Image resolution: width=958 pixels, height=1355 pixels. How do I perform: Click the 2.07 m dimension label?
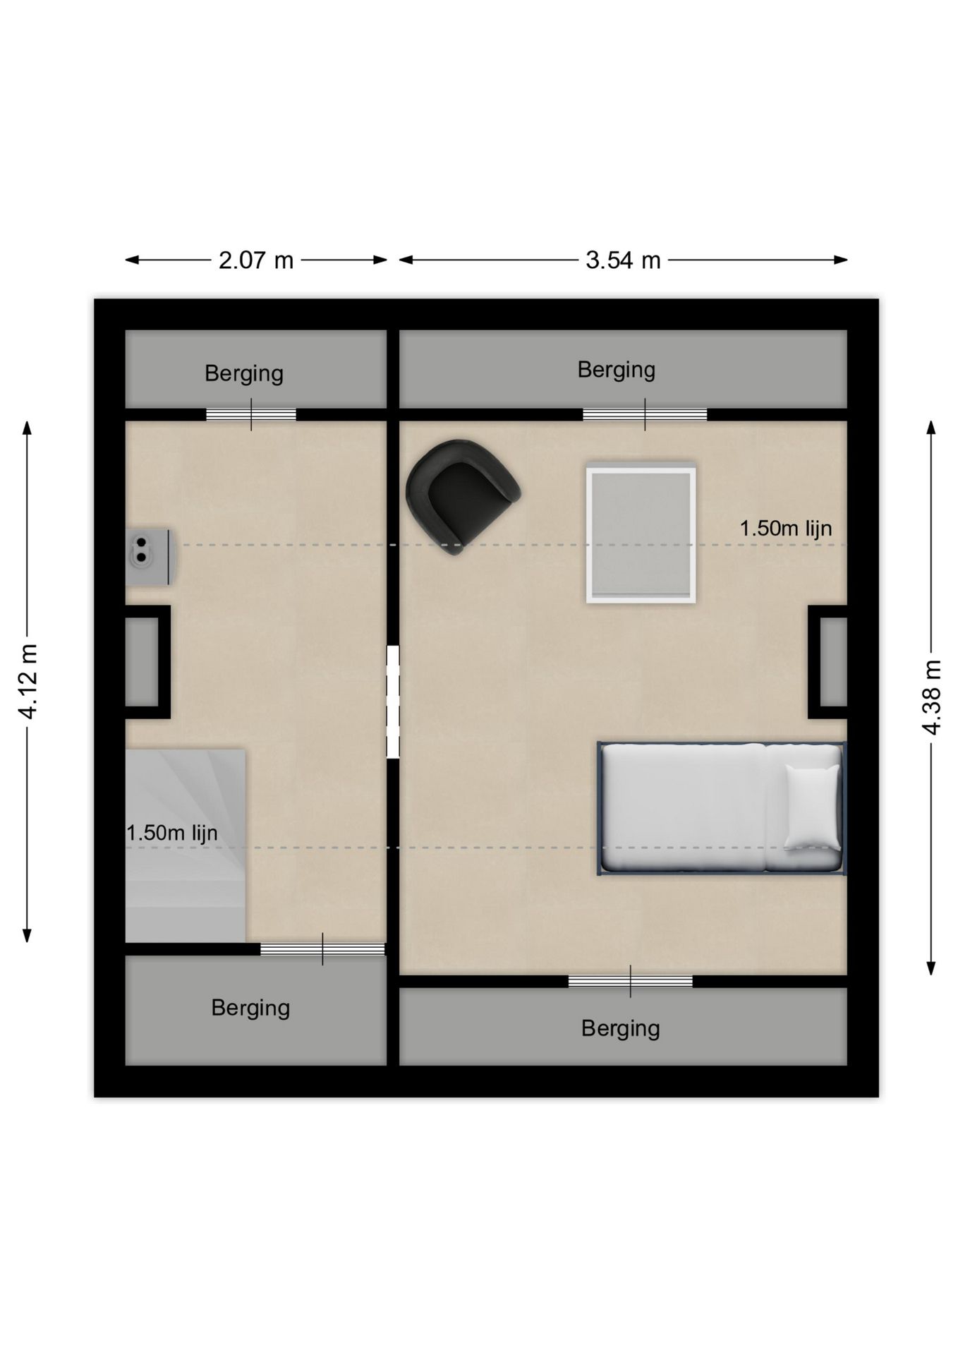coord(255,260)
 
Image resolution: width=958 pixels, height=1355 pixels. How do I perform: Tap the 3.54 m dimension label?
coord(623,260)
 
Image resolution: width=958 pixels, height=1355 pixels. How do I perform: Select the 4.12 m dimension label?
coord(28,681)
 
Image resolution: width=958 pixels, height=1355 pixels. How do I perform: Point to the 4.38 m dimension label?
coord(931,697)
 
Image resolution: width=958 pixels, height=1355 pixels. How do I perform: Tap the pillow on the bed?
coord(813,807)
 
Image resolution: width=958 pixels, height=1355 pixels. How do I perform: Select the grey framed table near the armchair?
coord(641,533)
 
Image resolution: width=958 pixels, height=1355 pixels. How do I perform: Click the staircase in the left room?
coord(186,845)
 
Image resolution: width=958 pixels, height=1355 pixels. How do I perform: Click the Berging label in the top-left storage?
coord(244,373)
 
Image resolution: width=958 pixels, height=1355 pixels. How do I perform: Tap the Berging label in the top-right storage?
coord(617,370)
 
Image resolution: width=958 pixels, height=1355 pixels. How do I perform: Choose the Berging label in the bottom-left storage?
coord(250,1008)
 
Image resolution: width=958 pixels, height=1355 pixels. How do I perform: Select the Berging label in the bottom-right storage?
coord(621,1029)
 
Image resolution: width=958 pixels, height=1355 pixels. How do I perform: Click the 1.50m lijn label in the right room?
coord(786,528)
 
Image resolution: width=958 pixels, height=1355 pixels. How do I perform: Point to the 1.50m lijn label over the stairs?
coord(172,833)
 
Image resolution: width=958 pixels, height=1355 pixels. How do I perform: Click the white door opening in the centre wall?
coord(393,701)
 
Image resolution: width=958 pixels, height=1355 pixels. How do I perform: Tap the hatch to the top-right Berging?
coord(645,415)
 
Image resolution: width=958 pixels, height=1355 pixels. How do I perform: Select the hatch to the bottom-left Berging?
coord(322,949)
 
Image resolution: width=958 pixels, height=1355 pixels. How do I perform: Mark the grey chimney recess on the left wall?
coord(142,661)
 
